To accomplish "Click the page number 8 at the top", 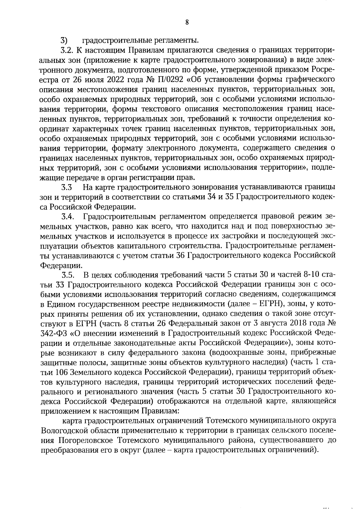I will [187, 22].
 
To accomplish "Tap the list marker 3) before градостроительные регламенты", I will [64, 40].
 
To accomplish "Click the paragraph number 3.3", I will [67, 187].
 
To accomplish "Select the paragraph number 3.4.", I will [68, 217].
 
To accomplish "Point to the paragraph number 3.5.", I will [68, 275].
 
